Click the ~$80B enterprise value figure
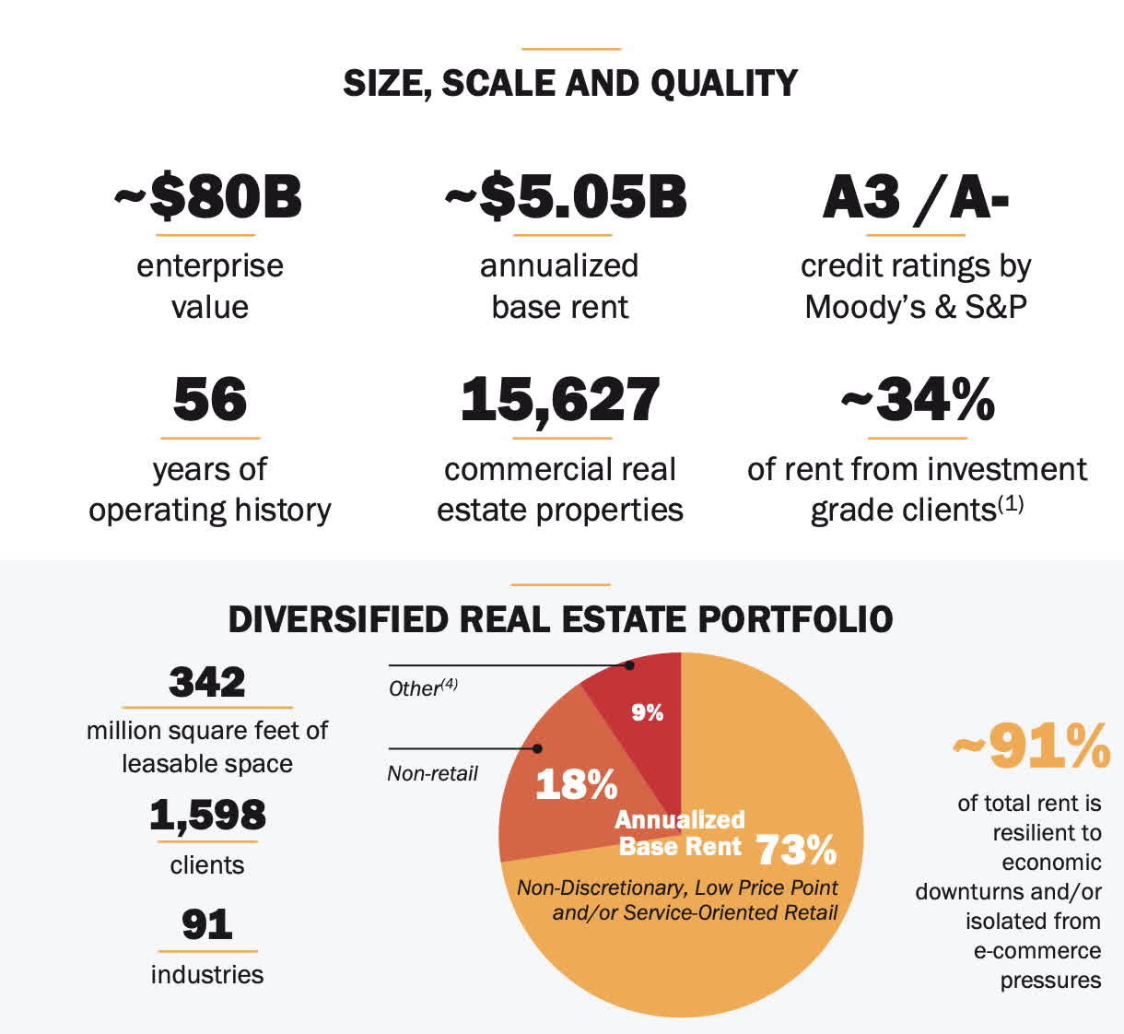coord(208,198)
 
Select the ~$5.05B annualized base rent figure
coord(566,198)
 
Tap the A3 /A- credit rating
coord(916,198)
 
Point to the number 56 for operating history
coord(210,400)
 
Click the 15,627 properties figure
coord(560,400)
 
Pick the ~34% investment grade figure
coord(918,400)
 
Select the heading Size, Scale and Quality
coord(570,84)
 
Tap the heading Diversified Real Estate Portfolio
coord(560,619)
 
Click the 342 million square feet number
coord(207,683)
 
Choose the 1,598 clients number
coord(207,816)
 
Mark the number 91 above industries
coord(207,924)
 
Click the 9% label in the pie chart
coord(647,712)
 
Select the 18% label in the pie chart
coord(576,785)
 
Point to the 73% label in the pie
coord(796,851)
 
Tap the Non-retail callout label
coord(432,773)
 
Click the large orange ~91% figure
coord(1031,746)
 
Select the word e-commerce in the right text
coord(1036,950)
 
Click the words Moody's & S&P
coord(916,307)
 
